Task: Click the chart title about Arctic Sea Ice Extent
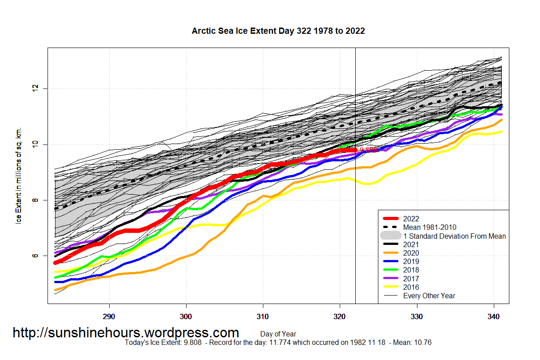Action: click(278, 31)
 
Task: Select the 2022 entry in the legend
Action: click(411, 219)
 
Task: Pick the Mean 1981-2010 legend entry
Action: click(429, 227)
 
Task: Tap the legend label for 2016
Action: click(411, 287)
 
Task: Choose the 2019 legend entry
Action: click(411, 261)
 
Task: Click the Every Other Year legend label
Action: click(429, 296)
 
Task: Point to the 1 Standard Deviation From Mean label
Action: click(454, 236)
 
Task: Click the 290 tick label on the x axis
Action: click(109, 317)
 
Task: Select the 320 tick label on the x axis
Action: click(340, 317)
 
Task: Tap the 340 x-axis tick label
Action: click(494, 317)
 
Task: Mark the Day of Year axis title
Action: click(278, 334)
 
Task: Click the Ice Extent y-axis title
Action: click(19, 176)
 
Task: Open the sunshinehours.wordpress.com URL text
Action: click(126, 332)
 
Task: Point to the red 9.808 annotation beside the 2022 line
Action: click(368, 150)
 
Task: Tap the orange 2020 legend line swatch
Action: click(390, 253)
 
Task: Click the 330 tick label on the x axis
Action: click(417, 317)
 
